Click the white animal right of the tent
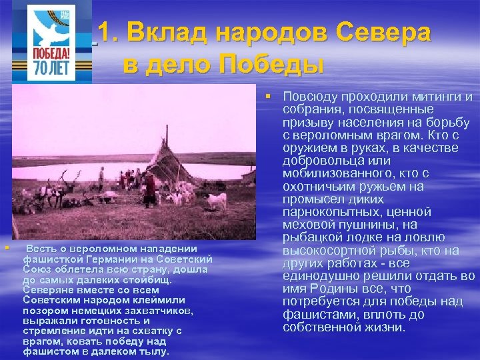tap(215, 200)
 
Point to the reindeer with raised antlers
tap(64, 183)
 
